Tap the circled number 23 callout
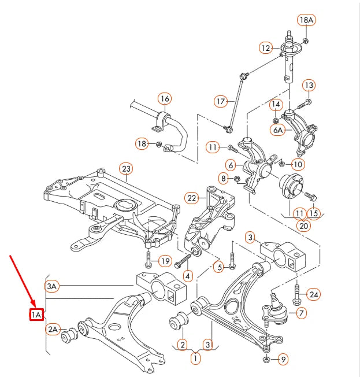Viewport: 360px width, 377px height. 126,169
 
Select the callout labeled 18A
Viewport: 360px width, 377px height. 306,21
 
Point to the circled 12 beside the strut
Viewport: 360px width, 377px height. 265,48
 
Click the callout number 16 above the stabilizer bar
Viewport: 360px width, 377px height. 165,98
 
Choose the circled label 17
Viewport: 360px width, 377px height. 220,101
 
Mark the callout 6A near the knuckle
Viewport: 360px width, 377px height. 278,131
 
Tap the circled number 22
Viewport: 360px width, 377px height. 192,198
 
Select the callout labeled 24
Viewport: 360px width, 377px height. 313,295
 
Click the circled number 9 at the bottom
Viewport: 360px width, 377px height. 283,360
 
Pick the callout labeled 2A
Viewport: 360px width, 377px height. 53,330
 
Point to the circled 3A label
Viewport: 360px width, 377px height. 53,286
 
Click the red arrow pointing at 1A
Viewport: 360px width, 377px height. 20,278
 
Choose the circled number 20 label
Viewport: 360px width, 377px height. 303,226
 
